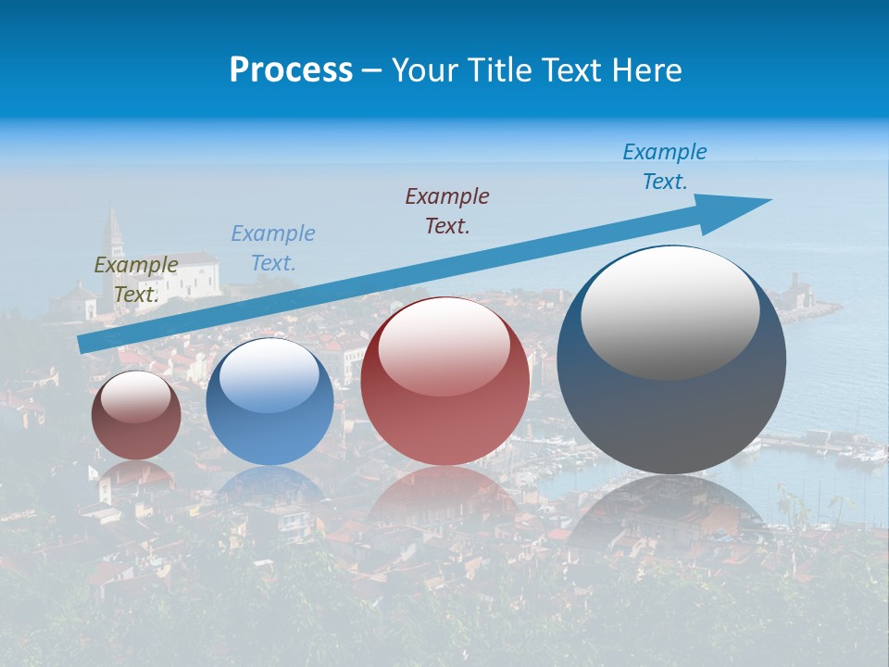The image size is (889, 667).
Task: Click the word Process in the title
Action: coord(291,70)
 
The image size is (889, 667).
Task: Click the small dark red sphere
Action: coord(136,416)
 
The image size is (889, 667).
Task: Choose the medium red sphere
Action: coord(445,382)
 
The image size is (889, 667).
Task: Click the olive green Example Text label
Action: coord(136,280)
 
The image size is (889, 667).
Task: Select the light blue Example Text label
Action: coord(273,248)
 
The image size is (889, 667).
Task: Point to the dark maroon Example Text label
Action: coord(447,210)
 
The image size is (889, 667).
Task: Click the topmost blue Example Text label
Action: coord(665,167)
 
